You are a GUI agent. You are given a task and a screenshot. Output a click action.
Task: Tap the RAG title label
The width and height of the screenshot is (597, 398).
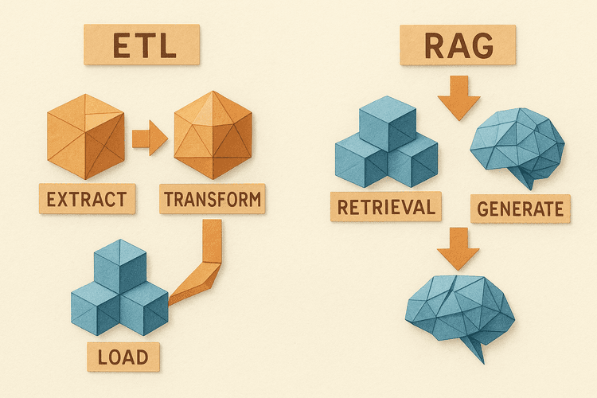tap(458, 47)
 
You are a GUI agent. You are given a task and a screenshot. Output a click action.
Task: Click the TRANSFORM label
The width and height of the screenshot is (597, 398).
tap(211, 198)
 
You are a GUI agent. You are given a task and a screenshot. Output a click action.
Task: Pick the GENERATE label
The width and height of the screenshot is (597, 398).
tap(520, 209)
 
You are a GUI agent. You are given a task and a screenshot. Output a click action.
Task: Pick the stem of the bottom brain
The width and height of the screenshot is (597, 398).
tap(476, 350)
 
